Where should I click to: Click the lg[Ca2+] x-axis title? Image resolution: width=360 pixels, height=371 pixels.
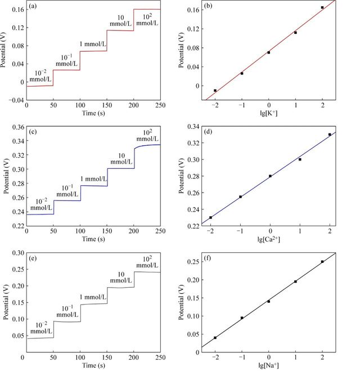[269, 238]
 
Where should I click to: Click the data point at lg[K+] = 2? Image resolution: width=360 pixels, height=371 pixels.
[322, 8]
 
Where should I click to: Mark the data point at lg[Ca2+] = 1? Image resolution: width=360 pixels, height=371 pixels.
[300, 159]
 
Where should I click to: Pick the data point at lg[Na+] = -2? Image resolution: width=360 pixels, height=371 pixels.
[215, 338]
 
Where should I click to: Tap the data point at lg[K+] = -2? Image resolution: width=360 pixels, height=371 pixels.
[215, 90]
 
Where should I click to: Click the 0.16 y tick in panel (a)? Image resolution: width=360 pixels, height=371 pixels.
[16, 10]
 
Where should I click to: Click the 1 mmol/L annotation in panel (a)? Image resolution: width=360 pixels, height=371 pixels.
[69, 44]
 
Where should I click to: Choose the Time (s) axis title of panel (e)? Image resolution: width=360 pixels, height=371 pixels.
[82, 365]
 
